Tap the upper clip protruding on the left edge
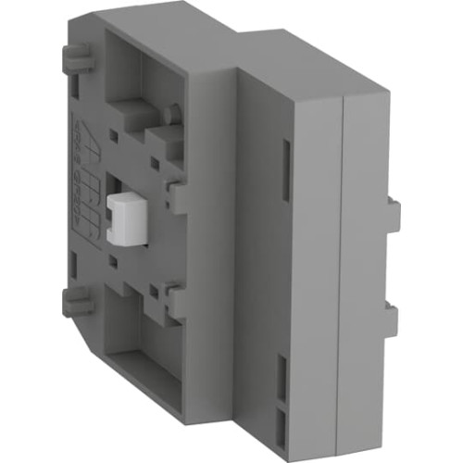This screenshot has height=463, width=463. pos(79,63)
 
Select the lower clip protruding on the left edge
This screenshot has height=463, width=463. pos(79,303)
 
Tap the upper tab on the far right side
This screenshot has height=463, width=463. pos(394,214)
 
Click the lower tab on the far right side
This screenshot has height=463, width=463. pos(394,320)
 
